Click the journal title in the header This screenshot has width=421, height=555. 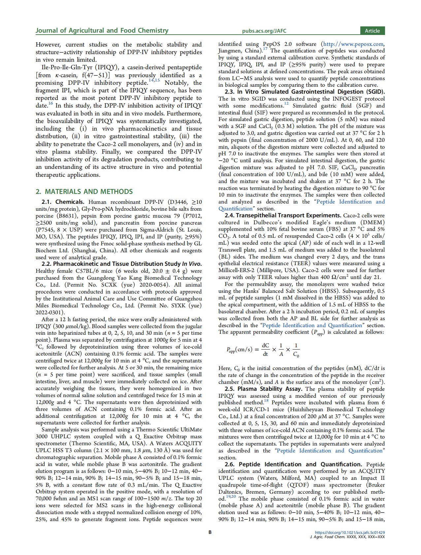click(x=102, y=31)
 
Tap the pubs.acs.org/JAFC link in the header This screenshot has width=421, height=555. click(x=264, y=31)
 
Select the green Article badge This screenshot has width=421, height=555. click(x=372, y=31)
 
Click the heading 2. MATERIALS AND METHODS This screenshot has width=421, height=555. click(x=84, y=192)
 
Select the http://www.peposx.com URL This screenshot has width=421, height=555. click(x=353, y=44)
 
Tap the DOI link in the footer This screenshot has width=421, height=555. click(x=350, y=532)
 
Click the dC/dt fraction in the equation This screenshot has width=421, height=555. click(x=265, y=350)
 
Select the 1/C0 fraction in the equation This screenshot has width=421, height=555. click(x=296, y=350)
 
